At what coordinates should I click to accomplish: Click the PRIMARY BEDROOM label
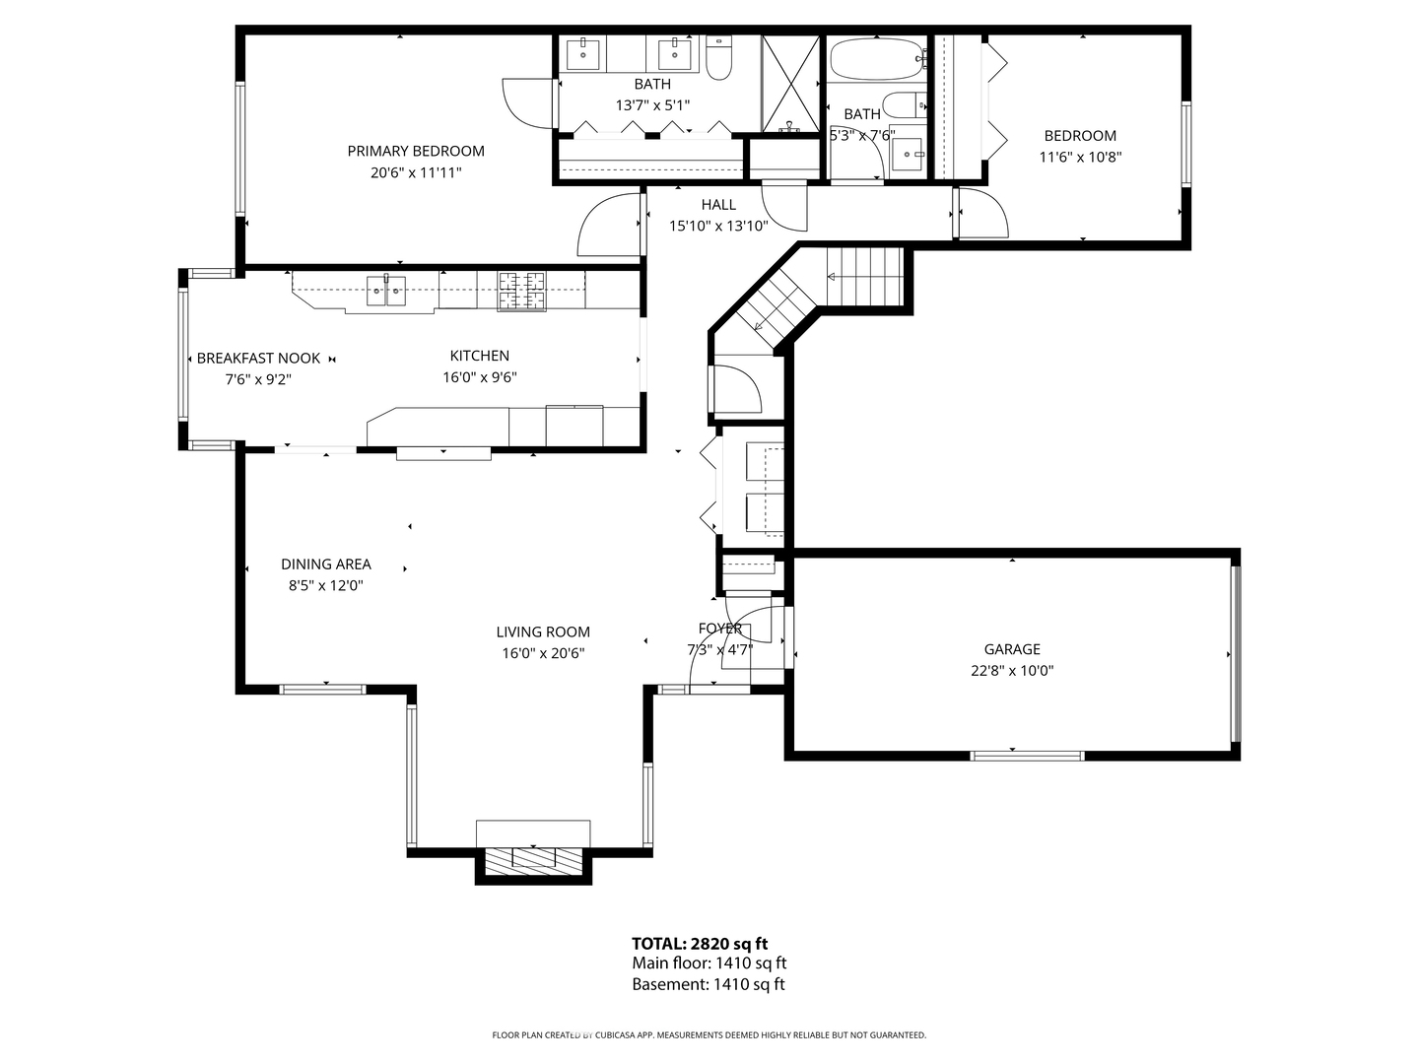pyautogui.click(x=415, y=151)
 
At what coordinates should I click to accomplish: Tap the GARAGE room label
pyautogui.click(x=1012, y=649)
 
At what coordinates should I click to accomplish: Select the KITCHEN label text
pyautogui.click(x=480, y=356)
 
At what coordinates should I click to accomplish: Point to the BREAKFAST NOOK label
pyautogui.click(x=258, y=359)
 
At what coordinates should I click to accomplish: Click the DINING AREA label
pyautogui.click(x=326, y=565)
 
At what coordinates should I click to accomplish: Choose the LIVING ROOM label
pyautogui.click(x=543, y=632)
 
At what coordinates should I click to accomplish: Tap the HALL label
pyautogui.click(x=718, y=205)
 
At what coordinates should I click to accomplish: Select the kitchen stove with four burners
pyautogui.click(x=521, y=289)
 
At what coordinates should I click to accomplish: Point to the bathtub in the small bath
pyautogui.click(x=876, y=60)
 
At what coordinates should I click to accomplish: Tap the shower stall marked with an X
pyautogui.click(x=790, y=83)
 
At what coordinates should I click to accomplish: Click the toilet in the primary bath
pyautogui.click(x=718, y=60)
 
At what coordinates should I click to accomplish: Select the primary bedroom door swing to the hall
pyautogui.click(x=609, y=226)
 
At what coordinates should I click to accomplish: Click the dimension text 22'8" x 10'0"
pyautogui.click(x=1012, y=671)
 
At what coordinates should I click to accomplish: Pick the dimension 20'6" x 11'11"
pyautogui.click(x=415, y=172)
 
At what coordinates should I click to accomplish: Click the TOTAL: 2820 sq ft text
pyautogui.click(x=700, y=944)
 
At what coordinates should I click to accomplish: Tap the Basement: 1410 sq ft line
pyautogui.click(x=709, y=984)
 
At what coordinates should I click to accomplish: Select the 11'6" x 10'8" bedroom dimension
pyautogui.click(x=1080, y=157)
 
